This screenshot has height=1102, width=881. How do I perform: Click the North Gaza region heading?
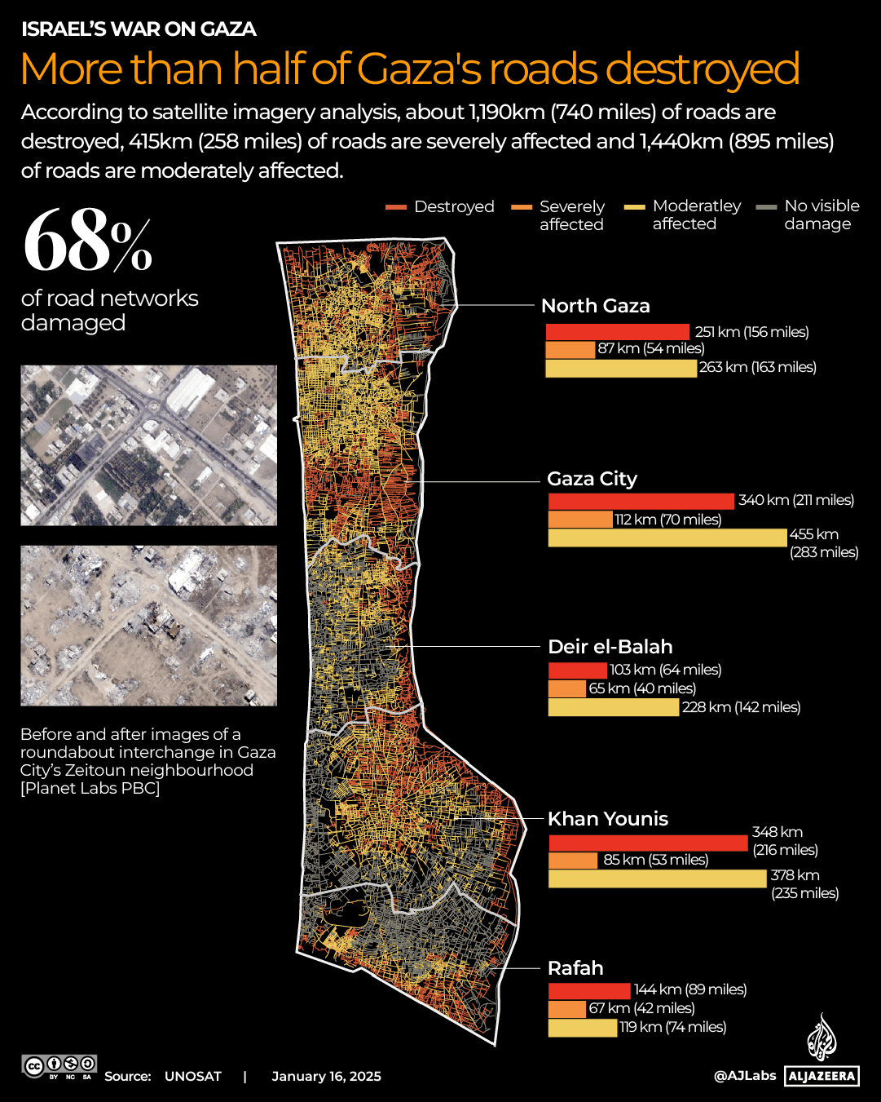coord(595,306)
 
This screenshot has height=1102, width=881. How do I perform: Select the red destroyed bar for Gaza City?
coord(641,501)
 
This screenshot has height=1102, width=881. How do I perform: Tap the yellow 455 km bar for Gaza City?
coord(667,538)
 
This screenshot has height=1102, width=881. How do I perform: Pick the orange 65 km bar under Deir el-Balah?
coord(566,688)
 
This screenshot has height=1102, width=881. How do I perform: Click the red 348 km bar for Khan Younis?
coord(648,843)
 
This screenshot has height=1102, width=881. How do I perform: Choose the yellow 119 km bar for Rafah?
coord(582,1028)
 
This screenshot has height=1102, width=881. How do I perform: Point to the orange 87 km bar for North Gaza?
coord(570,350)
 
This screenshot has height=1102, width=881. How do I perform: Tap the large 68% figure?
coord(88,241)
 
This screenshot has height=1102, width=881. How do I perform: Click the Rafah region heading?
coord(575,968)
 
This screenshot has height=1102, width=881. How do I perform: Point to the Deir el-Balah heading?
coord(610,647)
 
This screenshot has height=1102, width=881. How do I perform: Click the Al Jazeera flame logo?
coord(822,1038)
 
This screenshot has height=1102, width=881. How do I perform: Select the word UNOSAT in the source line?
coord(192,1076)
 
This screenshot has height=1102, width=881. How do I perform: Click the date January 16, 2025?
coord(326,1076)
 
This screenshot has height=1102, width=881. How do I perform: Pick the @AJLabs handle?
coord(745,1075)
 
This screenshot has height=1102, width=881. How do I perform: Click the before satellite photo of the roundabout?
coord(148,445)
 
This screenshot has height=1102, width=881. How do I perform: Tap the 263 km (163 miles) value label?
coord(757,367)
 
